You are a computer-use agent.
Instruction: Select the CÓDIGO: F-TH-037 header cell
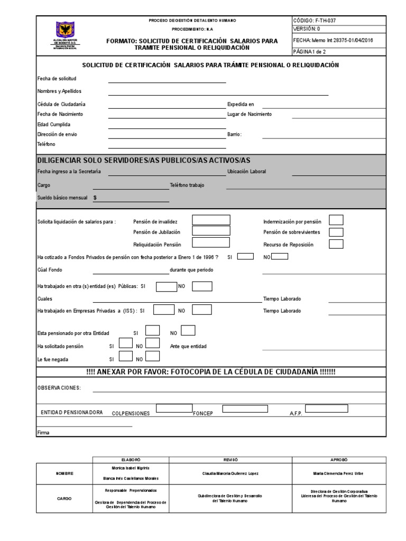tap(314, 21)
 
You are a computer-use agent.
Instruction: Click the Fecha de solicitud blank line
tap(167, 80)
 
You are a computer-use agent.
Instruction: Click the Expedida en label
tap(241, 104)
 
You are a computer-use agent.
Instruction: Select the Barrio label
tap(234, 134)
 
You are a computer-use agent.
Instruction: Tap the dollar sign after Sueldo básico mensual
tap(95, 198)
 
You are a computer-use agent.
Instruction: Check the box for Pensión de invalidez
tap(211, 220)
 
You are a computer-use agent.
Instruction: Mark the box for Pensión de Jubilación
tap(211, 231)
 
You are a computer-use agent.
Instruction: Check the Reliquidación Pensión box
tap(211, 243)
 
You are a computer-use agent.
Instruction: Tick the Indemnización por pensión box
tap(336, 220)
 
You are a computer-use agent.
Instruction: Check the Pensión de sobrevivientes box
tap(336, 232)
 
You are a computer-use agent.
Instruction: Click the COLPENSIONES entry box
tap(174, 408)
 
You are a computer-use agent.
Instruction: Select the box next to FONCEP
tap(245, 408)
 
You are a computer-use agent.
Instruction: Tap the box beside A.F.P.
tap(326, 408)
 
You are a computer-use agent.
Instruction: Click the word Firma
tap(43, 433)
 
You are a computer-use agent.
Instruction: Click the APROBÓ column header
tap(340, 460)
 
